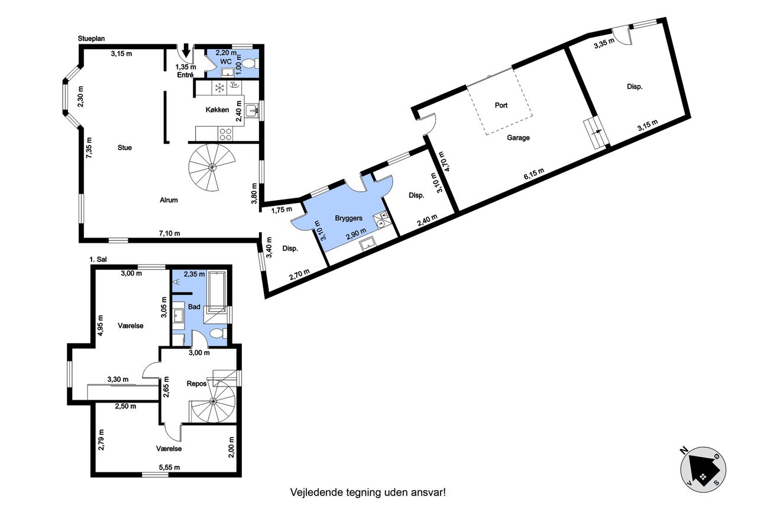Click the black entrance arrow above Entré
(186, 50)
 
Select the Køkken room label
(217, 110)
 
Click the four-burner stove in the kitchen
(225, 134)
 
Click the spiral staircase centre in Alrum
(212, 166)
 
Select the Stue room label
(124, 147)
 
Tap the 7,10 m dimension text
(170, 233)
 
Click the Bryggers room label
(349, 218)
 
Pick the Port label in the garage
(501, 105)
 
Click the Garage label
(518, 138)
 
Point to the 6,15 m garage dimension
(534, 174)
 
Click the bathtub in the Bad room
(217, 291)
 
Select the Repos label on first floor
(197, 384)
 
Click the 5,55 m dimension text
(170, 467)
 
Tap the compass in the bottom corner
(703, 469)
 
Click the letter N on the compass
(684, 451)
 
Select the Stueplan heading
(91, 38)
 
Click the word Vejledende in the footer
(316, 492)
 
